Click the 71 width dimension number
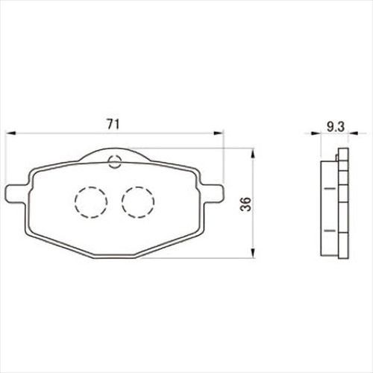tap(113, 124)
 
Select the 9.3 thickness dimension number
tap(336, 127)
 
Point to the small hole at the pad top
tap(115, 162)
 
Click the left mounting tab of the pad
tap(16, 193)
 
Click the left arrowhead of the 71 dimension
tap(10, 134)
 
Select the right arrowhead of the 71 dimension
tap(219, 134)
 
